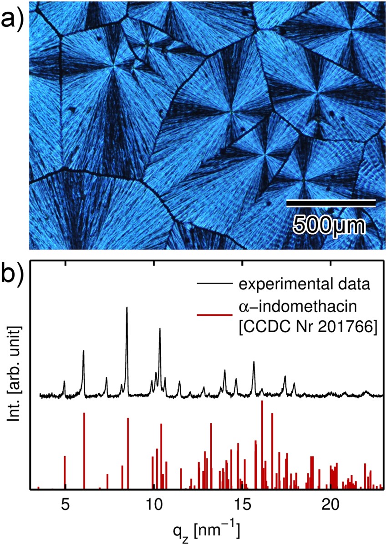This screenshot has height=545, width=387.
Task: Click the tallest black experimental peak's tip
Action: coord(127,308)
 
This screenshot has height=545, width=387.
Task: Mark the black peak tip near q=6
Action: coord(83,351)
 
